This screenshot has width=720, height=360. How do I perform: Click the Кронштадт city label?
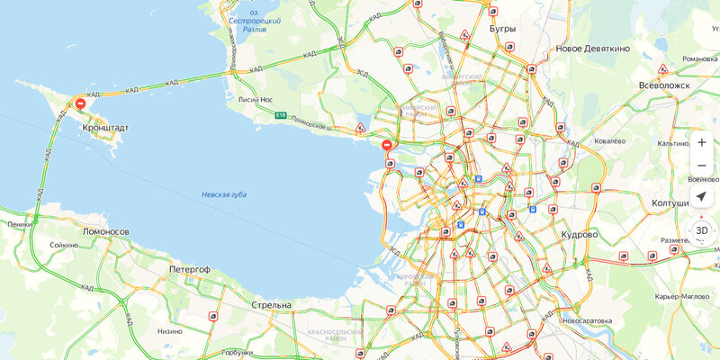pos(106,128)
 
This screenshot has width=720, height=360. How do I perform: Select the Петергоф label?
pos(189,269)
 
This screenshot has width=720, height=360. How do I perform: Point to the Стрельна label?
pos(271,305)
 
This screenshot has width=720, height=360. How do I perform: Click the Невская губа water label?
pos(224,194)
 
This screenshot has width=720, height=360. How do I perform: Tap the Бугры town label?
pos(502,29)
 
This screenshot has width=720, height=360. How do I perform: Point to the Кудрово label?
pos(578,234)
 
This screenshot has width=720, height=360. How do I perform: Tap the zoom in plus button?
pos(702,142)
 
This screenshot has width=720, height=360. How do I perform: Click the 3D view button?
pos(702,230)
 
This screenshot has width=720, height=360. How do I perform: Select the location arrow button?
pos(702,197)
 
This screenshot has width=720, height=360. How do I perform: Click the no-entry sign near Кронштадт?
pos(81,103)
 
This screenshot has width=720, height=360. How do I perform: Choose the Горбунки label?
pos(238,353)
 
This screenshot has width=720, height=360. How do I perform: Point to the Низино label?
pos(170,330)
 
